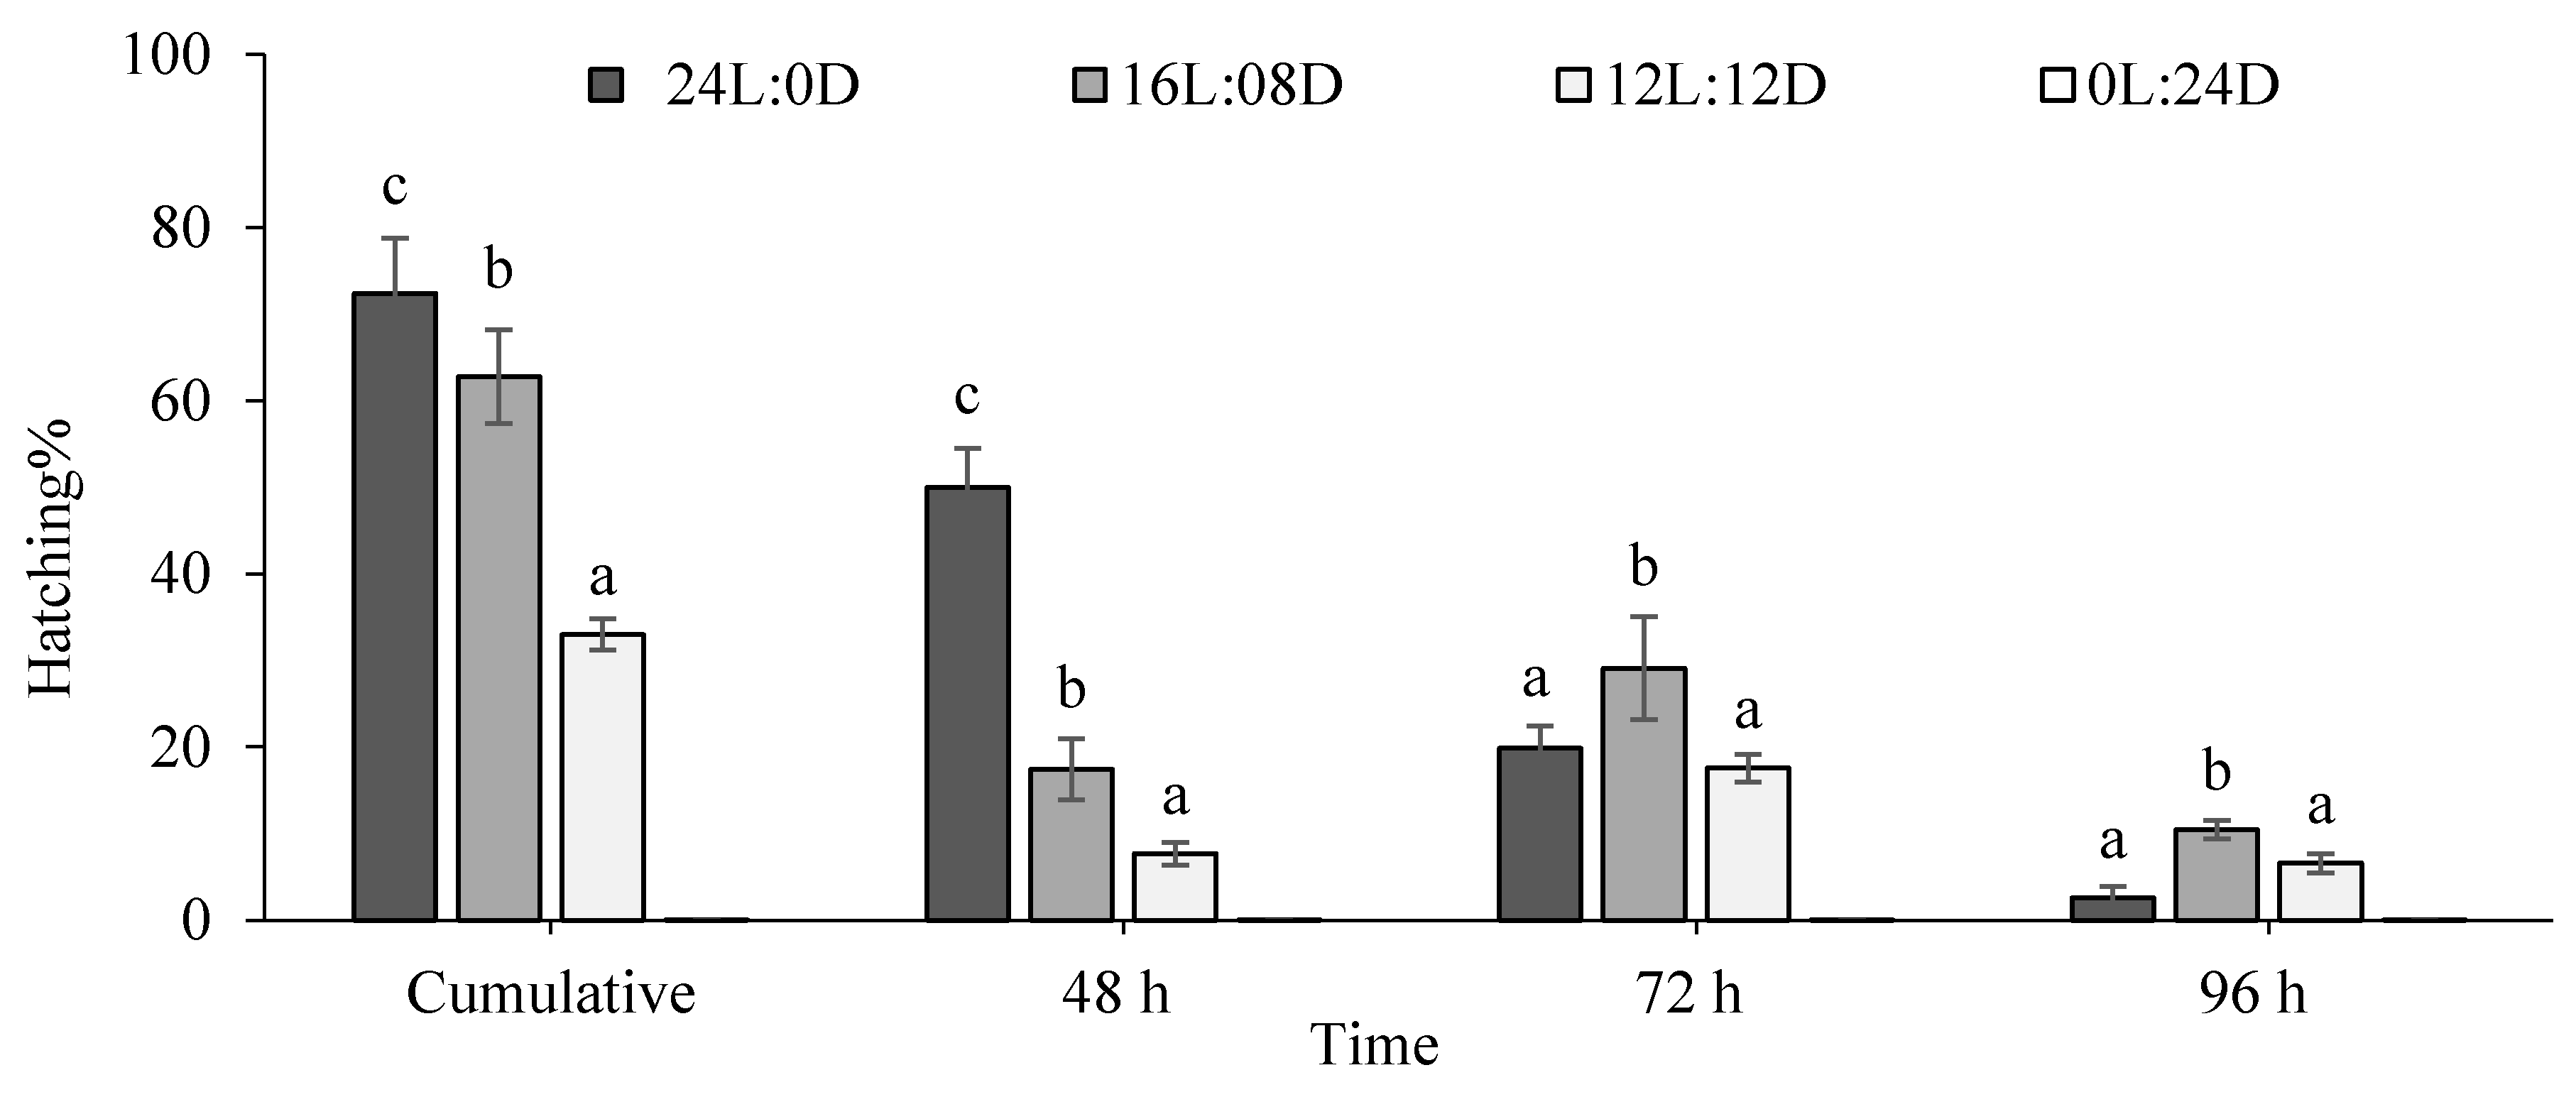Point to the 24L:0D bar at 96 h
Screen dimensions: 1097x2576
coord(2112,908)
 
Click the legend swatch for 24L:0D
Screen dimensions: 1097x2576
coord(606,86)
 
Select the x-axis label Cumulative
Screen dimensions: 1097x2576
coord(551,994)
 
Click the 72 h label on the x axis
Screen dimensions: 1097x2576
coord(1689,994)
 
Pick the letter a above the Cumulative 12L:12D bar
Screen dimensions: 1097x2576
coord(602,577)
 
